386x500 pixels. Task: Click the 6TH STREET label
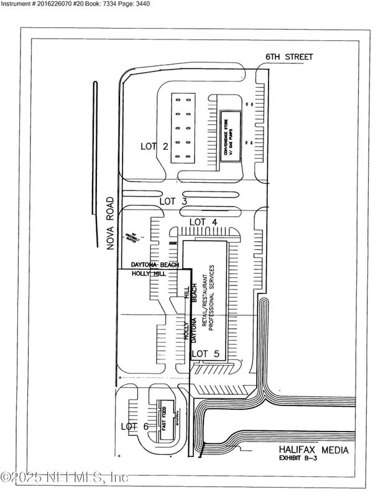[289, 57]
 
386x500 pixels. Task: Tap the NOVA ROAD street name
[110, 222]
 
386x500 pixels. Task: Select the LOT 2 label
[155, 147]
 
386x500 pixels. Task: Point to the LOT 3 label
[173, 201]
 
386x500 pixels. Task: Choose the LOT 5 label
[206, 354]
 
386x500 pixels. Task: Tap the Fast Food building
[166, 421]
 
